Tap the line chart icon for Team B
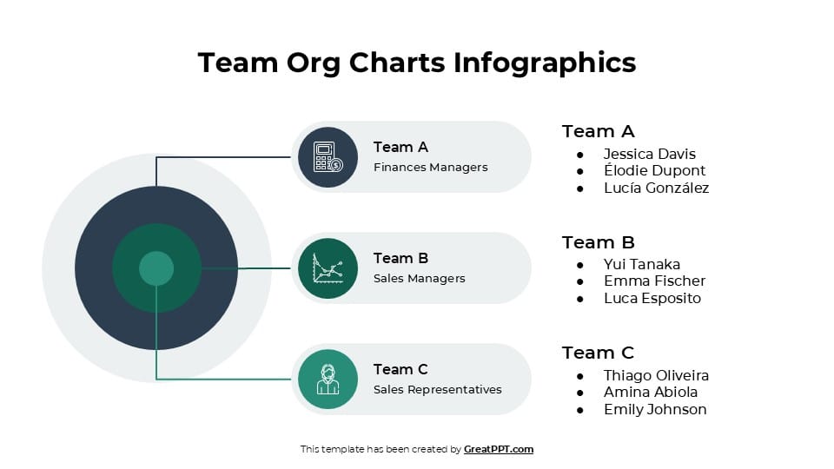[328, 268]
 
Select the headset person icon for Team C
[328, 380]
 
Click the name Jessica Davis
[649, 154]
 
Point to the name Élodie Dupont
[654, 170]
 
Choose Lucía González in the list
[656, 188]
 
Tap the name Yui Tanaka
[641, 264]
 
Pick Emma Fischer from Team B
[654, 281]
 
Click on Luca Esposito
[652, 298]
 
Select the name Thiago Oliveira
[656, 375]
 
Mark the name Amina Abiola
[651, 392]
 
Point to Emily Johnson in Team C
[655, 409]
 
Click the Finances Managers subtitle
[430, 168]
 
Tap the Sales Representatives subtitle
[437, 390]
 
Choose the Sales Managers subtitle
[419, 279]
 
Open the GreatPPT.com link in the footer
[499, 449]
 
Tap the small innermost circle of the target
[156, 268]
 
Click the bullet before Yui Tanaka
[580, 265]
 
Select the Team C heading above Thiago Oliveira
[598, 353]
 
